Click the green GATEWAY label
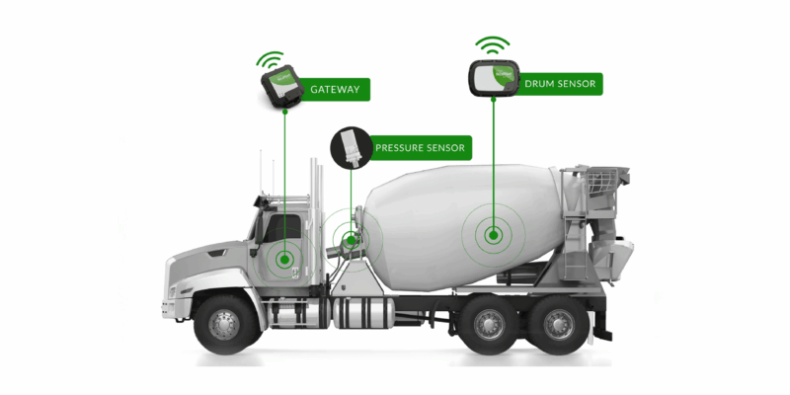(x=336, y=90)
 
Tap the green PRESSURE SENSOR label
(x=420, y=148)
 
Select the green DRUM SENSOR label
(x=560, y=84)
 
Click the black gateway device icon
(x=282, y=86)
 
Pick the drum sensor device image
(x=494, y=78)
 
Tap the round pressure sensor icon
(x=351, y=147)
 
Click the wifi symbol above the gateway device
(x=270, y=59)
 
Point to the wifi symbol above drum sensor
(x=492, y=44)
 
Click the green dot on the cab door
(x=284, y=260)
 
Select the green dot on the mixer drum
(x=493, y=235)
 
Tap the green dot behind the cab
(x=351, y=240)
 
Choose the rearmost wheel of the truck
(x=558, y=323)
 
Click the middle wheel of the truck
(x=488, y=323)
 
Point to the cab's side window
(x=282, y=228)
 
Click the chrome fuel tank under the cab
(x=363, y=313)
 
